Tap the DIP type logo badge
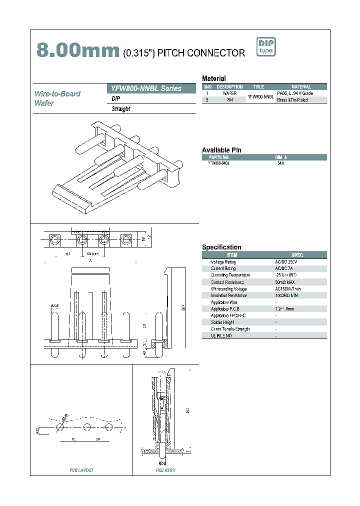pos(266,47)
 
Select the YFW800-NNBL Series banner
pos(151,88)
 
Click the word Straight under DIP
pos(121,109)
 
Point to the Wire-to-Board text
pos(57,93)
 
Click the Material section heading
pos(214,78)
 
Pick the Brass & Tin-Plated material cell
pos(292,100)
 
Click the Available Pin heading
pos(221,150)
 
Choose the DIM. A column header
pos(281,157)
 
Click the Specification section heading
pos(221,247)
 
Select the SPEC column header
pos(297,255)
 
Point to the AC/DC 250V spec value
pos(286,262)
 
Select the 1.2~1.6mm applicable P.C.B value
pos(284,309)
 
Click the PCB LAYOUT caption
pos(81,470)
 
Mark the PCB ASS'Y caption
pos(165,470)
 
